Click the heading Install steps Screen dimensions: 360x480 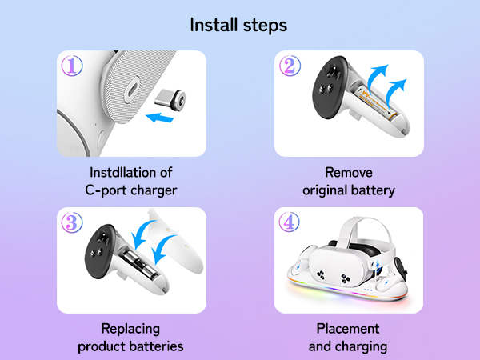coord(238,25)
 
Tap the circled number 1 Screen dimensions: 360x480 coord(72,66)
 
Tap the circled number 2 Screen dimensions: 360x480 coord(290,66)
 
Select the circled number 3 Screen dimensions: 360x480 coord(72,223)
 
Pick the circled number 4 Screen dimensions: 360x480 coord(290,223)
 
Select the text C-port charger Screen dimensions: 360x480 coord(131,190)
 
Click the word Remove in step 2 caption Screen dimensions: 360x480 coord(349,172)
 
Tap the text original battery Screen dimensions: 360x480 coord(349,190)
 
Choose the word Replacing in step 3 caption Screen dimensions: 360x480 coord(131,329)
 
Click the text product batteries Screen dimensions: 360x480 coord(131,346)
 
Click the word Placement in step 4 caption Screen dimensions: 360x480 coord(349,329)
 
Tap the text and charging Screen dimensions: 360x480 coord(349,346)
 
